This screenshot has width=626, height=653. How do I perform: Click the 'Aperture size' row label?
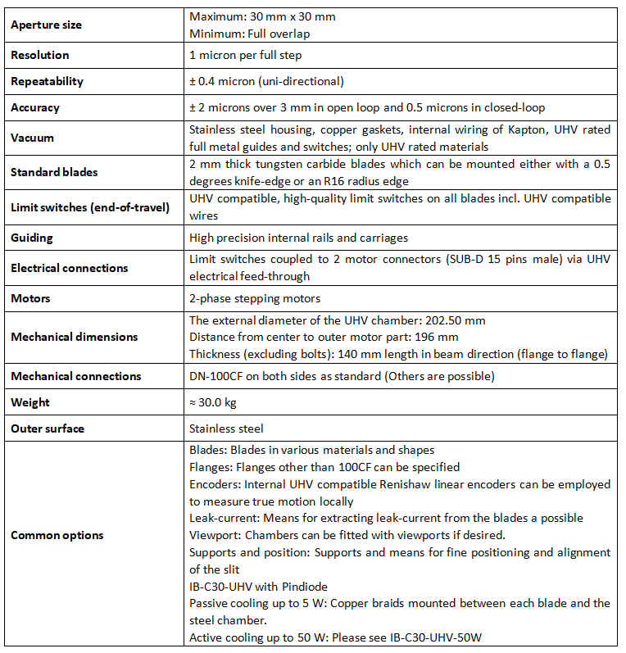(46, 25)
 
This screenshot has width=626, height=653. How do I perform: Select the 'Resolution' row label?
(39, 55)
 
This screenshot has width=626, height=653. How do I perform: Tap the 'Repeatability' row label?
(47, 81)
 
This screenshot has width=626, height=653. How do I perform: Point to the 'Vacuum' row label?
(32, 138)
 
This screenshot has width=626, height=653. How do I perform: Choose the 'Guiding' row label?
(31, 238)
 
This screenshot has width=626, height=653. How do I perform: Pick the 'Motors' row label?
(30, 298)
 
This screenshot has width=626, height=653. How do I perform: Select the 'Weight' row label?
(29, 402)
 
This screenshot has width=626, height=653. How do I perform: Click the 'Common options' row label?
(57, 535)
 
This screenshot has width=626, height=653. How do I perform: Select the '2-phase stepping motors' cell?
(255, 298)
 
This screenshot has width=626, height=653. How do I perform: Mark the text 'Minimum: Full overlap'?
(249, 33)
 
